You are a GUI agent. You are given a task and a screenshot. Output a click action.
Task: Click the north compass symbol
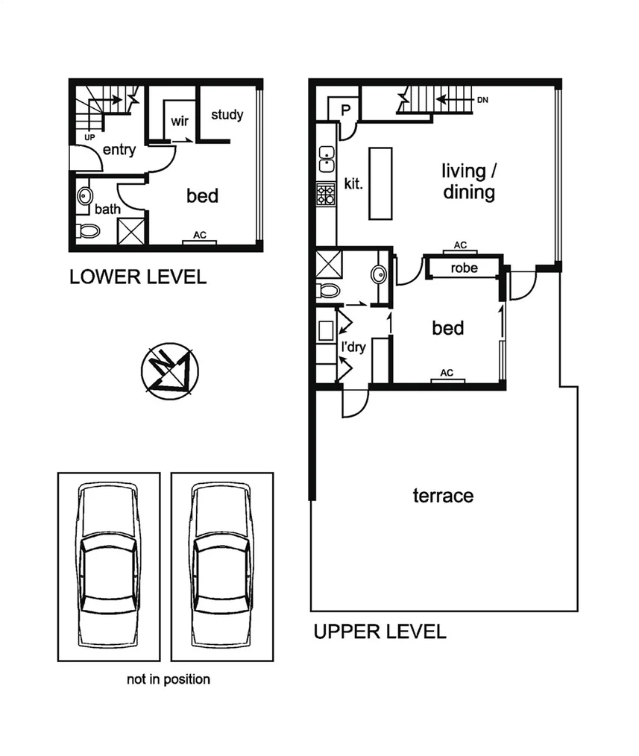(168, 369)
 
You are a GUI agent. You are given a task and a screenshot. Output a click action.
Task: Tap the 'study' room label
(227, 115)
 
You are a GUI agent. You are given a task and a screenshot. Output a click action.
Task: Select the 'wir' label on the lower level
(180, 122)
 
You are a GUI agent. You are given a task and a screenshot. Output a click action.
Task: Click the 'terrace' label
(443, 496)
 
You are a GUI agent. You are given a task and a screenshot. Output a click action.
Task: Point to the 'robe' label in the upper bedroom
(464, 268)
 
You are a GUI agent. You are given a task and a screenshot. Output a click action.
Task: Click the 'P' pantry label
(345, 110)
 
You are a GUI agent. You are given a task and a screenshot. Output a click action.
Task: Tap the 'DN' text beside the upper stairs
(481, 100)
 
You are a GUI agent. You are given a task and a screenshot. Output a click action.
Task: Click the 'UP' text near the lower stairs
(90, 137)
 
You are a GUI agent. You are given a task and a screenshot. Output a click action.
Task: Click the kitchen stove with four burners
(326, 195)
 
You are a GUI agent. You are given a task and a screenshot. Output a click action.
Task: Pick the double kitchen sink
(326, 158)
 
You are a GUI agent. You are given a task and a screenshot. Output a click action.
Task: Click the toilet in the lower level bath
(89, 230)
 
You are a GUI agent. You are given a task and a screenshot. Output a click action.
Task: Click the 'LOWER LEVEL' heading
(137, 278)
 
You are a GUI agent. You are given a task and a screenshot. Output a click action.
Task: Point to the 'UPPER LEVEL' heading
(380, 632)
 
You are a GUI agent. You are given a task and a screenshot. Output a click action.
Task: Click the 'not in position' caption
(168, 679)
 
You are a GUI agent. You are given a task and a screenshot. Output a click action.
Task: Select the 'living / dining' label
(468, 182)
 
